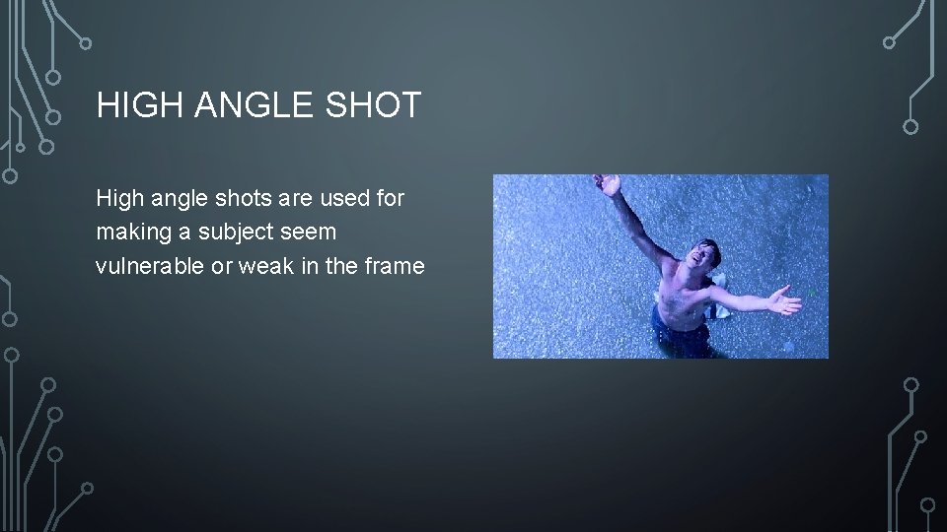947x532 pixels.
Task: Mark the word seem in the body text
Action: (313, 233)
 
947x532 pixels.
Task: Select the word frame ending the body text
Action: (395, 266)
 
